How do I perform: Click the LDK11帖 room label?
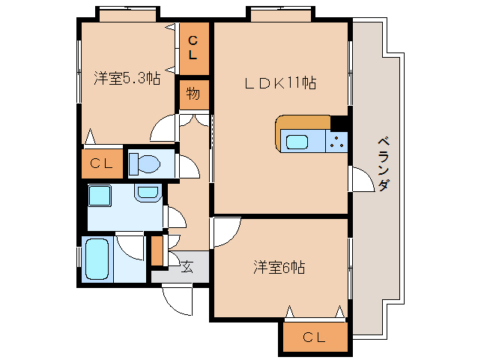point(279,83)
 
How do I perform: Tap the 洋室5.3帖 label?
point(127,77)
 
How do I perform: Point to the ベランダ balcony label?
point(383,163)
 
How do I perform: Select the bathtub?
point(97,259)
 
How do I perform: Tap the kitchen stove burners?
point(337,140)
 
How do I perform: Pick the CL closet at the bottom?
point(315,337)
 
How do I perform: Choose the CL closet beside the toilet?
point(102,164)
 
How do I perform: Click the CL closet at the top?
point(193,48)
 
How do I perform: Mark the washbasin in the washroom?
point(148,193)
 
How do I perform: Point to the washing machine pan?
point(99,196)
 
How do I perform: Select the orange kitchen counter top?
point(303,121)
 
